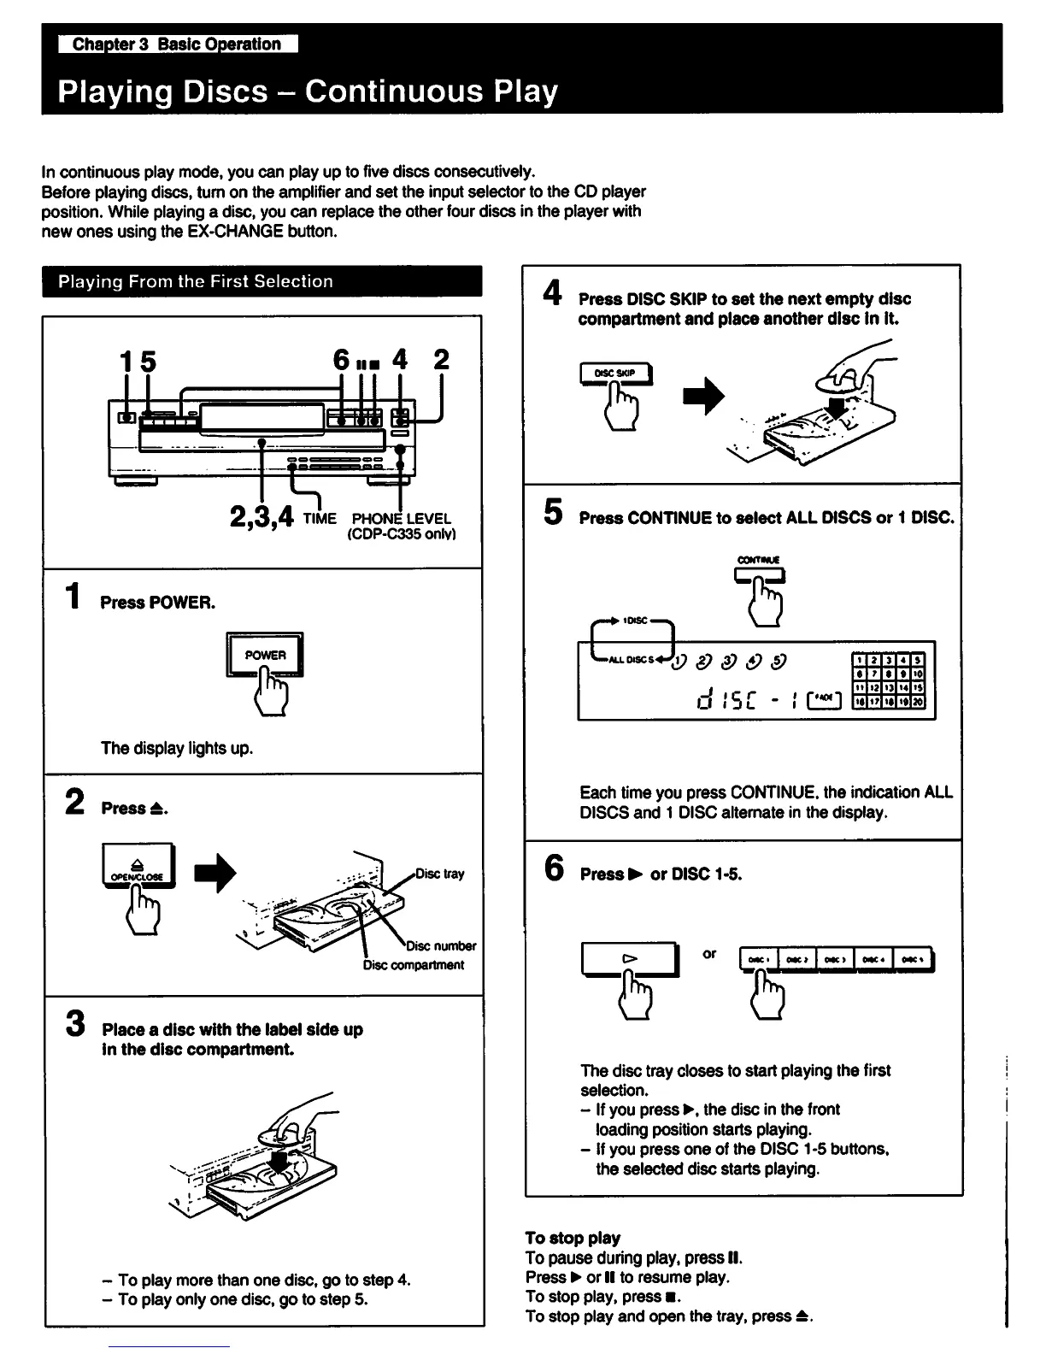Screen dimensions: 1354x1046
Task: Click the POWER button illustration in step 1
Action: pos(265,655)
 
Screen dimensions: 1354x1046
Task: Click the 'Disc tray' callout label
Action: pos(440,874)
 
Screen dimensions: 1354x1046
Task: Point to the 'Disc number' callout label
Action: pos(441,945)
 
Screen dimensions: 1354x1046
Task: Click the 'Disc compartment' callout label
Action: pos(414,965)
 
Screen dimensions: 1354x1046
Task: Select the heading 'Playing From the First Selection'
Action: pos(196,281)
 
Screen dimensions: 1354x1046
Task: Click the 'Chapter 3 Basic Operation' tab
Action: pos(177,44)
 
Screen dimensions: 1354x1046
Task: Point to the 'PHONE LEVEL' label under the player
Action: pos(401,518)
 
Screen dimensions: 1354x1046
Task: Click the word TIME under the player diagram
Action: pos(320,518)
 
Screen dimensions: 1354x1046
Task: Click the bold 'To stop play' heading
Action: pos(573,1238)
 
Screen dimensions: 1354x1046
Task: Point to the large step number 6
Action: pos(554,868)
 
